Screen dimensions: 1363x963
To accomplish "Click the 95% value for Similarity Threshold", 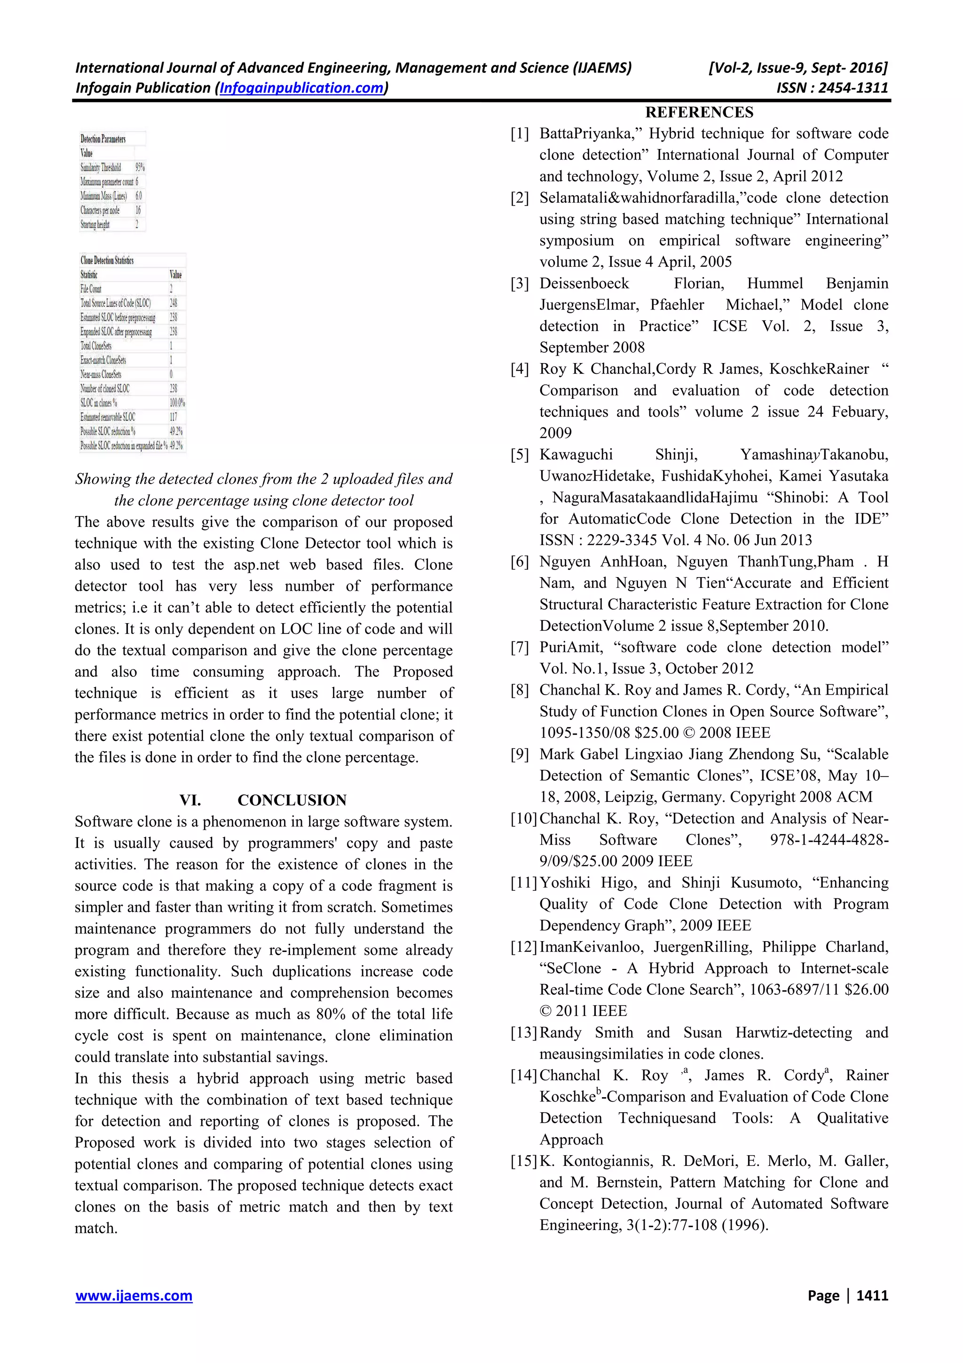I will pos(140,167).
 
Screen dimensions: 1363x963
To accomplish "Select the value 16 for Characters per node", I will pos(138,210).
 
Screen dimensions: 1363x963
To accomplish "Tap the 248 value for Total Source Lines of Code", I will pos(173,303).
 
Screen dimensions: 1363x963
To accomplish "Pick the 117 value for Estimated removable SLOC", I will pos(173,417).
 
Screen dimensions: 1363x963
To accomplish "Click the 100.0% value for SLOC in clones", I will pos(177,403).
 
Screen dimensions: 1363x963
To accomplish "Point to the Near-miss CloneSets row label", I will pos(101,374).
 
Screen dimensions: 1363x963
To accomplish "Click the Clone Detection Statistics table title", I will pos(107,261).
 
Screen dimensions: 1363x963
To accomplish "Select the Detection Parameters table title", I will pos(103,139).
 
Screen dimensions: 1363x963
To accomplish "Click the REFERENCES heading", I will pos(699,113).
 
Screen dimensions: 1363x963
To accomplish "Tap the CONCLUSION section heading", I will pos(292,800).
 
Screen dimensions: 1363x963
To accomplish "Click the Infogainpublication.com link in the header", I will pos(301,88).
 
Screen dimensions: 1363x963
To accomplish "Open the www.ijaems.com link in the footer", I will pos(134,1295).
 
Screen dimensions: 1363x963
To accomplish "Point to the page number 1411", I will pos(872,1295).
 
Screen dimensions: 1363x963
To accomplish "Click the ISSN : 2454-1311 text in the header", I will pos(832,88).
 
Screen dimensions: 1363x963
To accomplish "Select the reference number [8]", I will pos(520,690).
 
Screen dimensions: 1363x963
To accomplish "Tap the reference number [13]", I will pos(523,1033).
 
